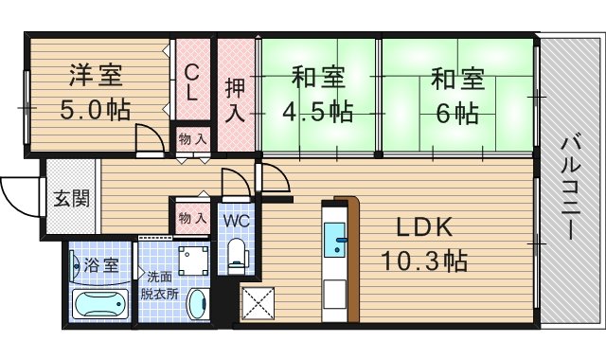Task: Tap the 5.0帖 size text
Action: [x=96, y=108]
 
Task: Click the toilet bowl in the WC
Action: [x=238, y=253]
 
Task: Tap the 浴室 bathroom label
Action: [x=101, y=264]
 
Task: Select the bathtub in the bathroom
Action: [x=99, y=306]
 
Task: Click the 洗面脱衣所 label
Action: [x=158, y=284]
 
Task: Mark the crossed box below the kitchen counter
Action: [x=258, y=304]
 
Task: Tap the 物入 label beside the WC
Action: [x=192, y=219]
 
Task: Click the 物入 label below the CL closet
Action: [x=192, y=139]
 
